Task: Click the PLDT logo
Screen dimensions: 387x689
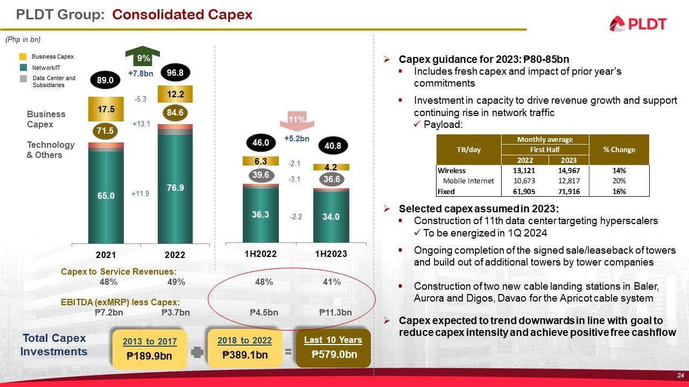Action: (638, 24)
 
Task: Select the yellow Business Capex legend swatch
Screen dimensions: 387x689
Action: (23, 56)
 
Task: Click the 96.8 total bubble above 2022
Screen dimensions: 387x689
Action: (175, 71)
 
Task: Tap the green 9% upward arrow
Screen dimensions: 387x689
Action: (143, 57)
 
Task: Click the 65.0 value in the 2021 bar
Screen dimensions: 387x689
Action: (106, 196)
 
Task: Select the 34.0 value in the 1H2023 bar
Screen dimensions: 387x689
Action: (331, 217)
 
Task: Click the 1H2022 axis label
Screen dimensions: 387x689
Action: (261, 254)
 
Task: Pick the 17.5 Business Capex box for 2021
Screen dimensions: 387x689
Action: (106, 109)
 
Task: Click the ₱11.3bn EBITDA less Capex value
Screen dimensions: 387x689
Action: (335, 313)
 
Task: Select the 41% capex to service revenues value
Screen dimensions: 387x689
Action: (332, 282)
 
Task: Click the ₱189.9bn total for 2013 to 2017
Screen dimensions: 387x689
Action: (149, 355)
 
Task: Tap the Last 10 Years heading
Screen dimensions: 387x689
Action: (333, 340)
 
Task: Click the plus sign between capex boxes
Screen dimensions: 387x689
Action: (198, 353)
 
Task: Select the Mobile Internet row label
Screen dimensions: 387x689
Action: (468, 181)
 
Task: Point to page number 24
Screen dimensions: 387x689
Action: (680, 375)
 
